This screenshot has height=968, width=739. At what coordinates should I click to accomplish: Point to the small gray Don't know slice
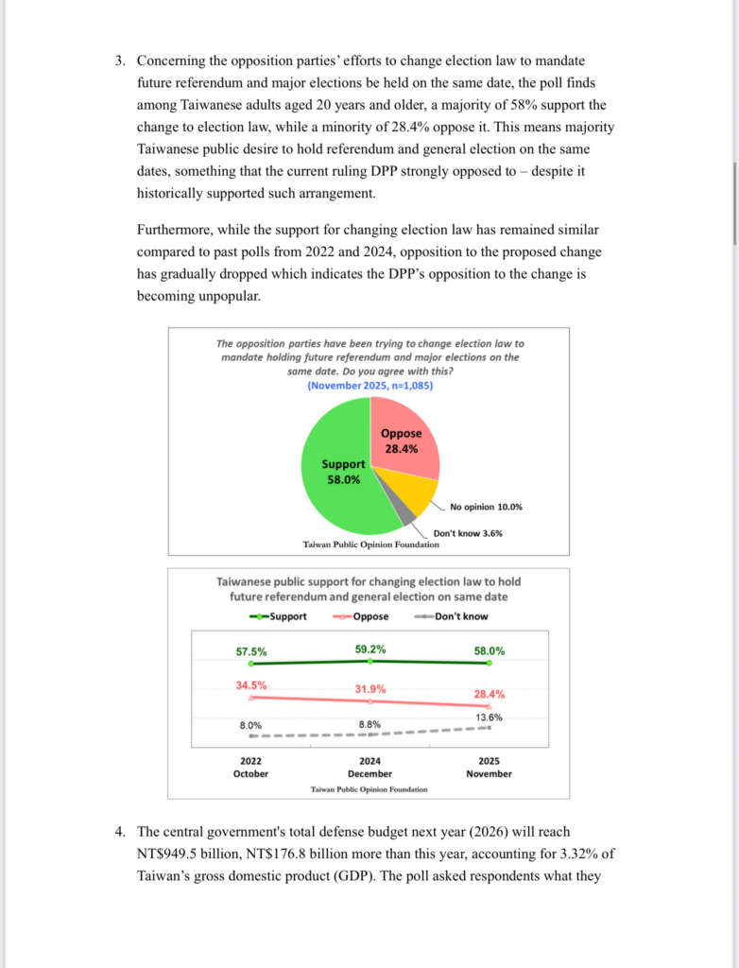[x=404, y=515]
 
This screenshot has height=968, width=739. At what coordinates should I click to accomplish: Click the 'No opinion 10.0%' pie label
[x=486, y=507]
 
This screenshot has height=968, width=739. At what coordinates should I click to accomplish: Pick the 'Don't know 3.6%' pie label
[x=468, y=533]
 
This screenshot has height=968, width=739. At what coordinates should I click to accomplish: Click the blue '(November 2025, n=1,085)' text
[x=370, y=386]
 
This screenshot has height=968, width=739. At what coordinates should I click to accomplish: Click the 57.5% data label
[x=251, y=651]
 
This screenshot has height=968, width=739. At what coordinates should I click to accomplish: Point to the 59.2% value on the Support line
[x=370, y=649]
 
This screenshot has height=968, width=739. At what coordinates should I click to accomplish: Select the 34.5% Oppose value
[x=251, y=685]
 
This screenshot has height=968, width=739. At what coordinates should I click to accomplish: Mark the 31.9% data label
[x=370, y=689]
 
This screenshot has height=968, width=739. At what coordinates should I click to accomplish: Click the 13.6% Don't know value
[x=489, y=717]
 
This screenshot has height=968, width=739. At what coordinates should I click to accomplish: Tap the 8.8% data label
[x=370, y=724]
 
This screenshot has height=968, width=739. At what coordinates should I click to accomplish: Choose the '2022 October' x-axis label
[x=250, y=767]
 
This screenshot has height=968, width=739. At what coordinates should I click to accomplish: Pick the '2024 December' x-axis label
[x=369, y=767]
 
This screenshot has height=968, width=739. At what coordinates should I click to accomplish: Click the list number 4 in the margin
[x=120, y=832]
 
